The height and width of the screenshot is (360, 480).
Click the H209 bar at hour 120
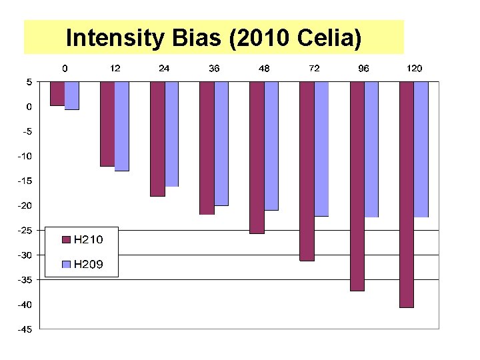[421, 149]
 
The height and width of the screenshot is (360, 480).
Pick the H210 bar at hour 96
[357, 187]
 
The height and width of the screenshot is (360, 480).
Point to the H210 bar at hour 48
[257, 157]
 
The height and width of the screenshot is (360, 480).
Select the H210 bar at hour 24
[157, 139]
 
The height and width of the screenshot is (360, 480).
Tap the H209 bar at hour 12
[122, 126]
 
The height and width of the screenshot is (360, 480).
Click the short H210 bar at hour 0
[57, 94]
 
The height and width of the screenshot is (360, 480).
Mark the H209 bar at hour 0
[72, 96]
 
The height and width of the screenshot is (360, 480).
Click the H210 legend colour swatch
[66, 239]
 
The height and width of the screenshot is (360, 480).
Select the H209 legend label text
[88, 264]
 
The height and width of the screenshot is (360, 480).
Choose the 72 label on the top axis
[313, 69]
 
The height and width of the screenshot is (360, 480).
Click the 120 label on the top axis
[413, 69]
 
